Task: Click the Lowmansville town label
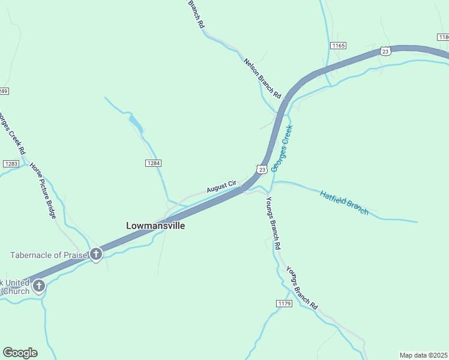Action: (x=155, y=226)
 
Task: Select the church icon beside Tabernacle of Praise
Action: (x=96, y=255)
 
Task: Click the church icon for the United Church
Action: (x=39, y=286)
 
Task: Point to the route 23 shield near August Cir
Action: (x=261, y=170)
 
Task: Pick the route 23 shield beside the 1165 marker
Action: (x=385, y=52)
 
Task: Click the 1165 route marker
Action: (x=338, y=46)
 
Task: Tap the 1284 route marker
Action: (x=154, y=163)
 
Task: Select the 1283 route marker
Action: (x=11, y=164)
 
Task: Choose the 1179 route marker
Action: (x=284, y=304)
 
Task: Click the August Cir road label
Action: (x=223, y=187)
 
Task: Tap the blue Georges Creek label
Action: (x=282, y=148)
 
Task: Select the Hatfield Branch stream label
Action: (x=344, y=202)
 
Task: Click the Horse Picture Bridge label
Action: (x=43, y=190)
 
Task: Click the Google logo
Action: (x=20, y=353)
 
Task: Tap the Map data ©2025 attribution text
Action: (x=423, y=355)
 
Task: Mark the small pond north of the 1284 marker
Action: (x=136, y=124)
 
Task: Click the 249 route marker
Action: (x=4, y=91)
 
